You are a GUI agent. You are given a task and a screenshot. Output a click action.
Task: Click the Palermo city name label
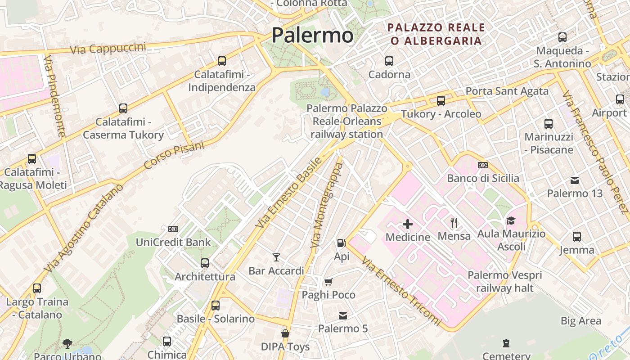pyautogui.click(x=312, y=35)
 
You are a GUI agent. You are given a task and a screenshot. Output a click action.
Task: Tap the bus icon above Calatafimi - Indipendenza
pyautogui.click(x=221, y=61)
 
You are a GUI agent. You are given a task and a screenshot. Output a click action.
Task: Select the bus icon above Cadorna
pyautogui.click(x=389, y=61)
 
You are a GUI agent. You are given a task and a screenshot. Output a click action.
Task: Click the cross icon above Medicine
pyautogui.click(x=408, y=224)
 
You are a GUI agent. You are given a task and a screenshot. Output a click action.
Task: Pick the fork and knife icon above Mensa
pyautogui.click(x=454, y=222)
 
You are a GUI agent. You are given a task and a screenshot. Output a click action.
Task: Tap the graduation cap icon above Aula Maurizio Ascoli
pyautogui.click(x=511, y=220)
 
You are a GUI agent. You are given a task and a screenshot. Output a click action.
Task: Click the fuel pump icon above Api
pyautogui.click(x=342, y=243)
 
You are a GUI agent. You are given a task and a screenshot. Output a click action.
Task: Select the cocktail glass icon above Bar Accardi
pyautogui.click(x=276, y=257)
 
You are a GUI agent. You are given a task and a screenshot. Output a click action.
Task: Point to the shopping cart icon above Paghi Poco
pyautogui.click(x=328, y=282)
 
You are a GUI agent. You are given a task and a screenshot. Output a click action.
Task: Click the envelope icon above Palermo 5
pyautogui.click(x=343, y=315)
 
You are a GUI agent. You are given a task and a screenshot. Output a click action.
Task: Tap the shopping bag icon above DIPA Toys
pyautogui.click(x=285, y=333)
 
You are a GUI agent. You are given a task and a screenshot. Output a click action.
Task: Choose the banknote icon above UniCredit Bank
pyautogui.click(x=173, y=229)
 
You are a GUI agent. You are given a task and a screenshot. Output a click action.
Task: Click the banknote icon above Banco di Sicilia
pyautogui.click(x=483, y=165)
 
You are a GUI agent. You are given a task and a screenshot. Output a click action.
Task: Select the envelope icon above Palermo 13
pyautogui.click(x=575, y=180)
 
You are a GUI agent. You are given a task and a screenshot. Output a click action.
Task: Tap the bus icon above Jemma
pyautogui.click(x=577, y=236)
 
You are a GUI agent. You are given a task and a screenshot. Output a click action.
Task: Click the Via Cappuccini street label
pyautogui.click(x=108, y=48)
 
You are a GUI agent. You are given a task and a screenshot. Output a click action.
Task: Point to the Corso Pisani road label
pyautogui.click(x=174, y=156)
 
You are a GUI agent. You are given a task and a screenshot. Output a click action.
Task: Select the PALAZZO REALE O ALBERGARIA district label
pyautogui.click(x=436, y=34)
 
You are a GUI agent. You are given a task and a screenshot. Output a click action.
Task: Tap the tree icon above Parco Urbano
pyautogui.click(x=67, y=344)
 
